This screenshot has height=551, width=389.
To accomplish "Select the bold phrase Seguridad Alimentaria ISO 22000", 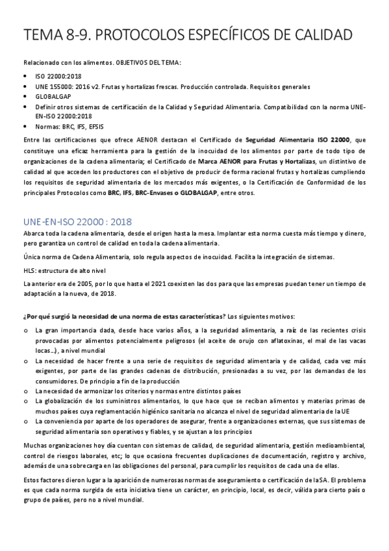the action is [299, 139].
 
